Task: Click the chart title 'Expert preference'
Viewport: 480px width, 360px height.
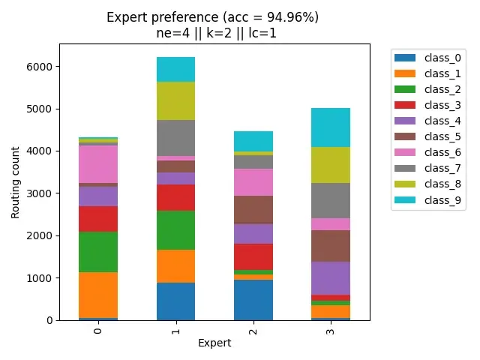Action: coord(212,18)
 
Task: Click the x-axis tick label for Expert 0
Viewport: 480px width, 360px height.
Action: coord(98,330)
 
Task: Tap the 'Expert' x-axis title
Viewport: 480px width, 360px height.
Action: coord(214,343)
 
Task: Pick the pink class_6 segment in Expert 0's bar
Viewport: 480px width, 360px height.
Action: coord(98,164)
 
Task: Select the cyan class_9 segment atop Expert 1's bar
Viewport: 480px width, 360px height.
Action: coord(175,69)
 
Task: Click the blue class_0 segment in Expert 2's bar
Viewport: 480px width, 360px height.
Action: coord(253,300)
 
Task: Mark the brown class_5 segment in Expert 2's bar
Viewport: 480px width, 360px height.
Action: coord(253,210)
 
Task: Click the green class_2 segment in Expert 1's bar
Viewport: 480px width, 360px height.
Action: coord(175,230)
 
